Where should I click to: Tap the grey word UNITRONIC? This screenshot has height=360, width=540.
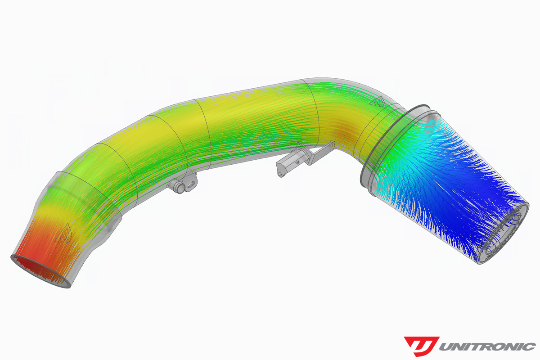click(487, 346)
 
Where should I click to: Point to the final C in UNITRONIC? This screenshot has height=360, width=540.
click(529, 346)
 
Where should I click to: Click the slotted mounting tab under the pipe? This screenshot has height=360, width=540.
click(192, 184)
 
